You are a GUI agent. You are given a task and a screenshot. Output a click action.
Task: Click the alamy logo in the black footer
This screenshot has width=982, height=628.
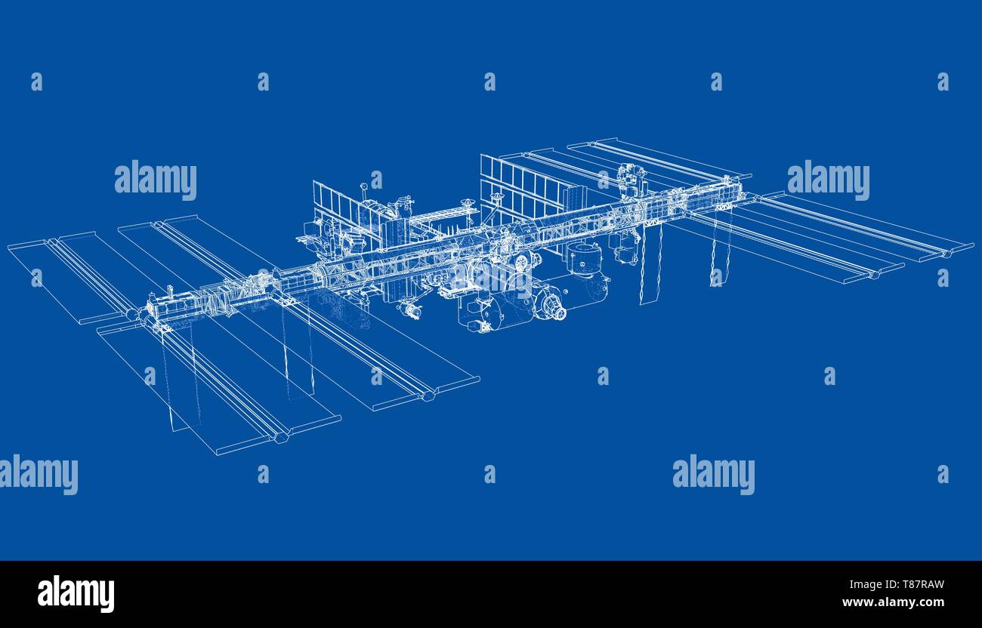coord(76,593)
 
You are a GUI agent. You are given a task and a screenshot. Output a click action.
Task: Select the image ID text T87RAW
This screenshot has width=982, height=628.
coord(916,584)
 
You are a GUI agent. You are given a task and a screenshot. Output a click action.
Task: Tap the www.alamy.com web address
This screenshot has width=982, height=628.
coord(893,602)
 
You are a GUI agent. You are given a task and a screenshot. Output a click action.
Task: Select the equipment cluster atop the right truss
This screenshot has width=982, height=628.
coord(630,179)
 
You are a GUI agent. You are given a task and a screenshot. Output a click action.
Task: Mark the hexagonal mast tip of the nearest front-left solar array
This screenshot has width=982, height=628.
coord(281,436)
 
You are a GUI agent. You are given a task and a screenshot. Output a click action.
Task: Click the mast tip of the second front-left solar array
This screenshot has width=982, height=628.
coord(428,394)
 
